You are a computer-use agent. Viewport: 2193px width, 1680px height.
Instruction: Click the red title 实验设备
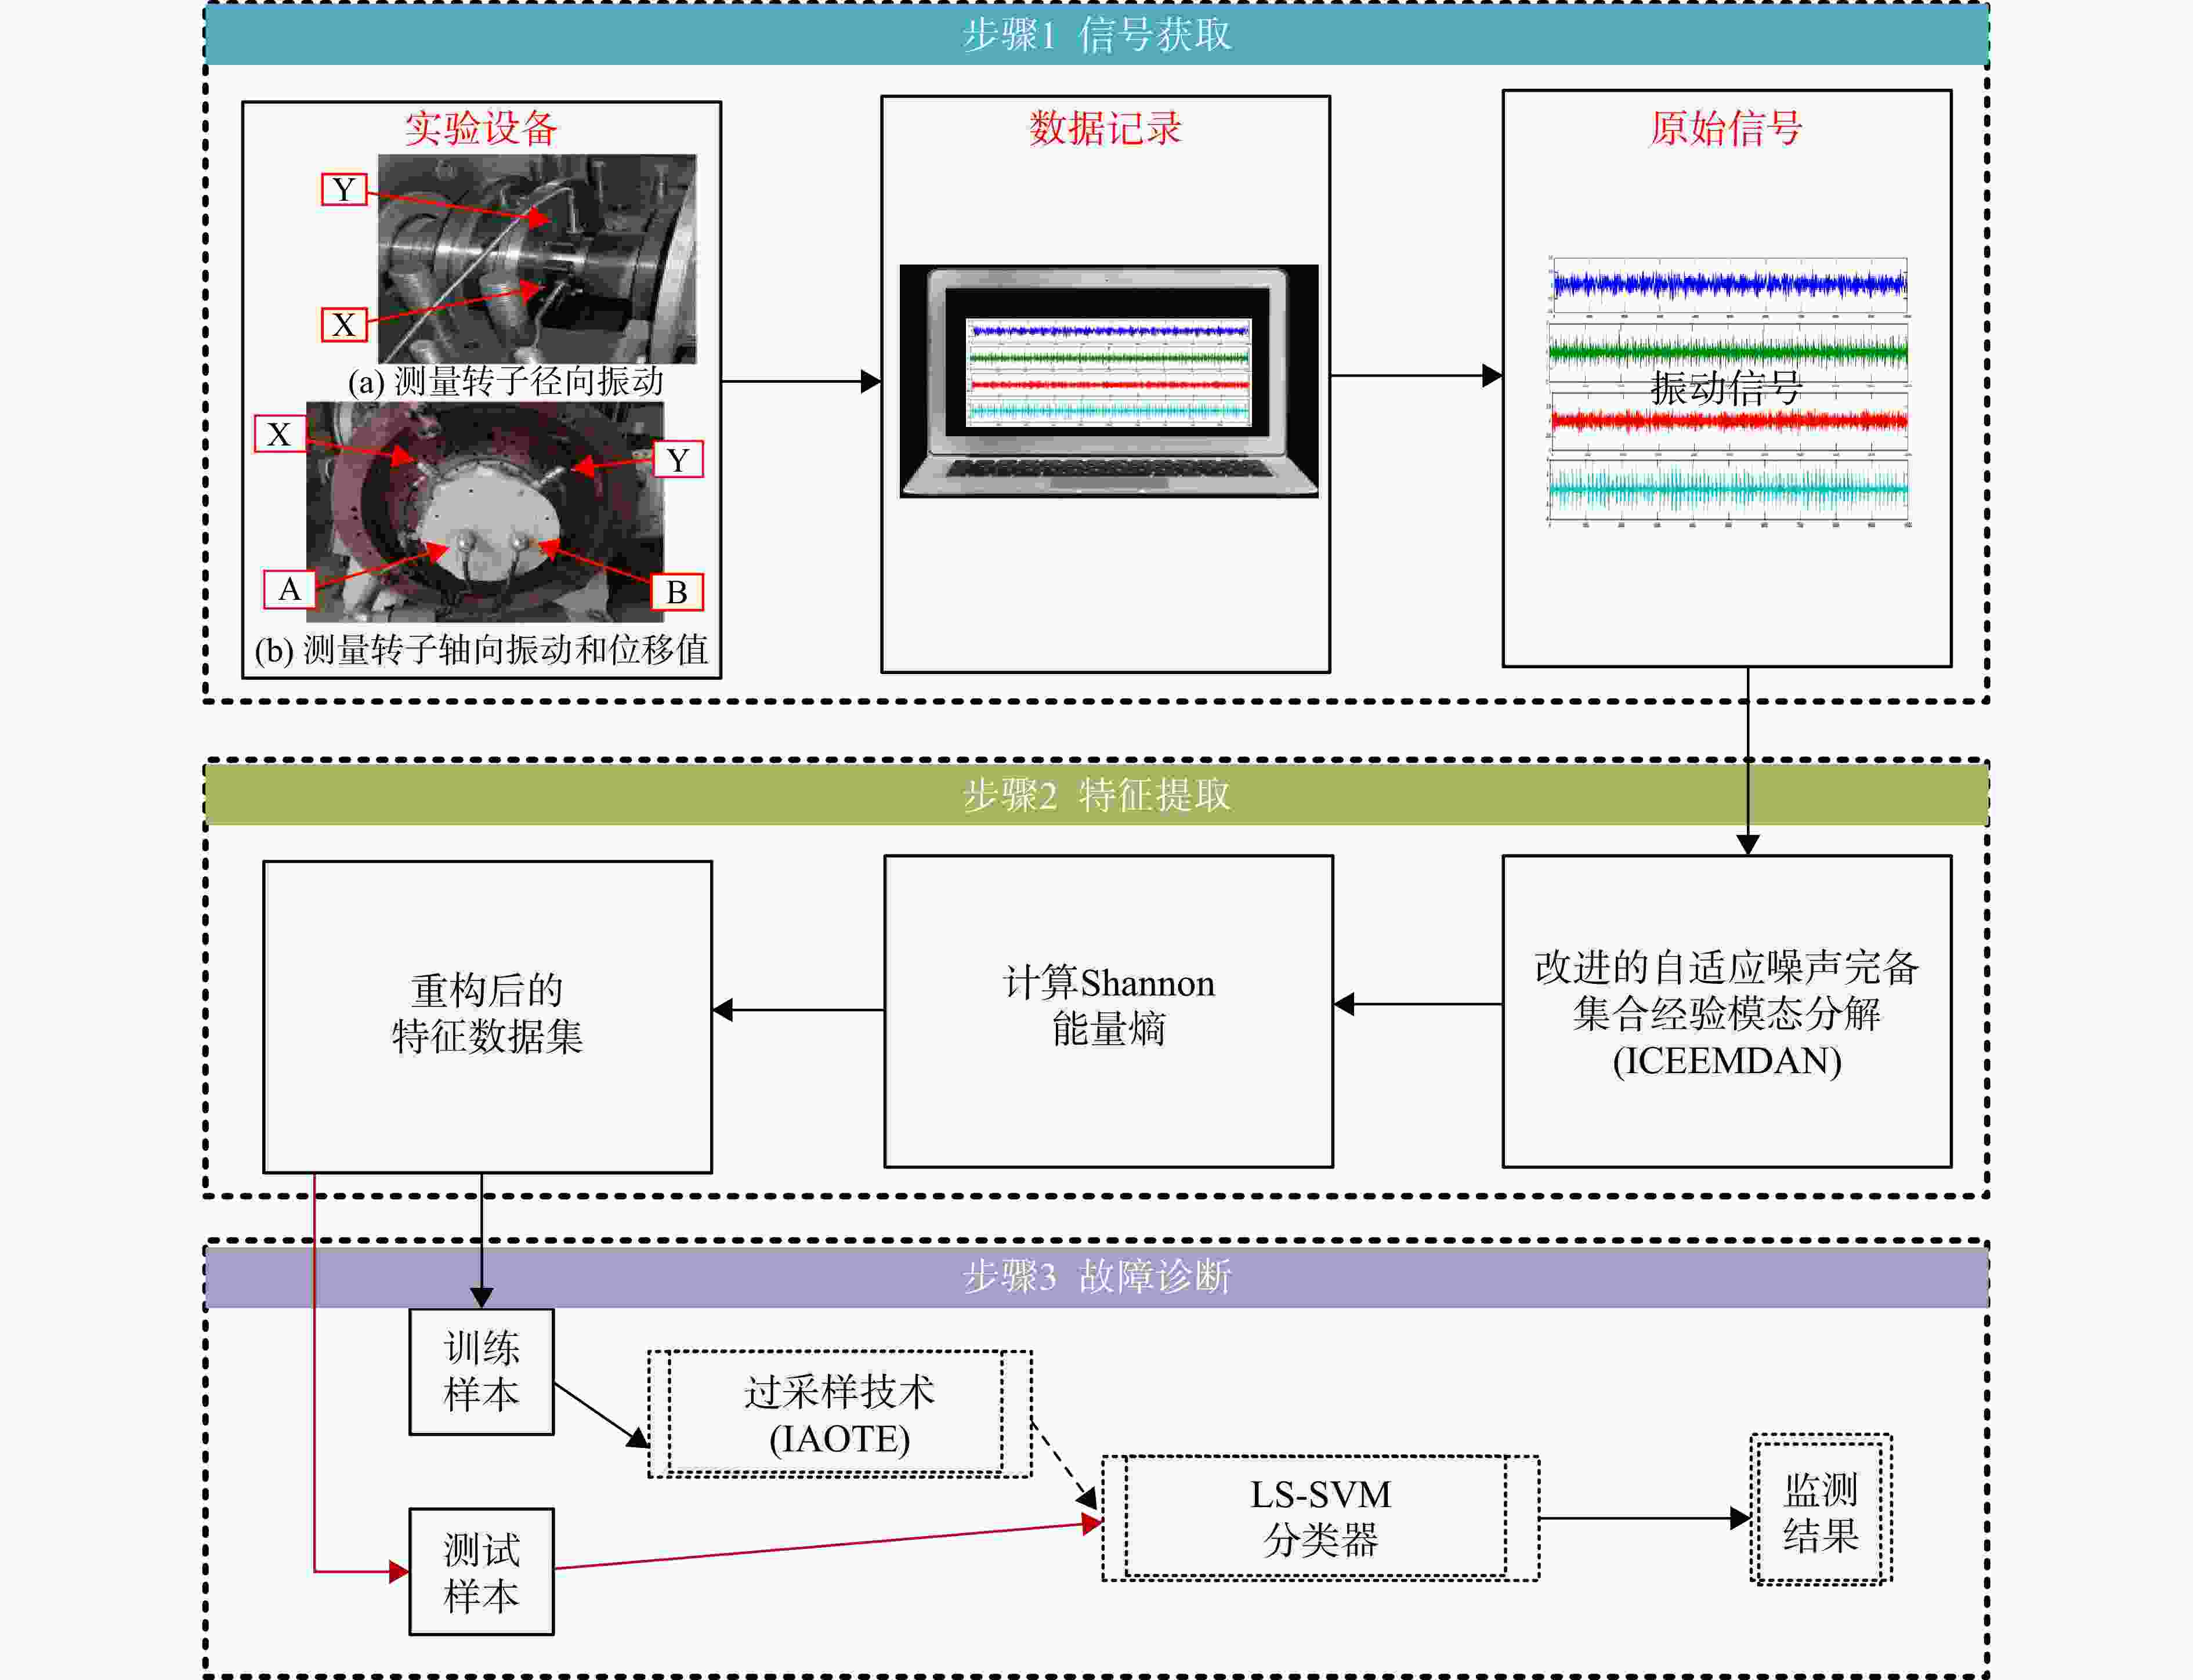(x=481, y=128)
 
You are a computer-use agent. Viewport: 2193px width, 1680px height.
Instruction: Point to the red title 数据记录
(x=1105, y=128)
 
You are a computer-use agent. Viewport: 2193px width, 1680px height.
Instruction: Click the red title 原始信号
(x=1726, y=128)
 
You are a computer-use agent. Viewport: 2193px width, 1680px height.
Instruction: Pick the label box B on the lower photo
(x=677, y=592)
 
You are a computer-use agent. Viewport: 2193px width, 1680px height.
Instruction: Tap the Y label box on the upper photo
(x=344, y=189)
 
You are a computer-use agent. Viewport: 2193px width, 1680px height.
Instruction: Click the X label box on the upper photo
(x=344, y=325)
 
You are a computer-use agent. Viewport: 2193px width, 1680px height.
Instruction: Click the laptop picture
(x=1109, y=381)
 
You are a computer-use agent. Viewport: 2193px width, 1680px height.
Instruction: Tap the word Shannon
(x=1147, y=984)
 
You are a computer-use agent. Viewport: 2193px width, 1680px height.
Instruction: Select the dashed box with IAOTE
(x=840, y=1414)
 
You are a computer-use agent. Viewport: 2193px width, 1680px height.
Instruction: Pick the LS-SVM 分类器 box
(x=1320, y=1518)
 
